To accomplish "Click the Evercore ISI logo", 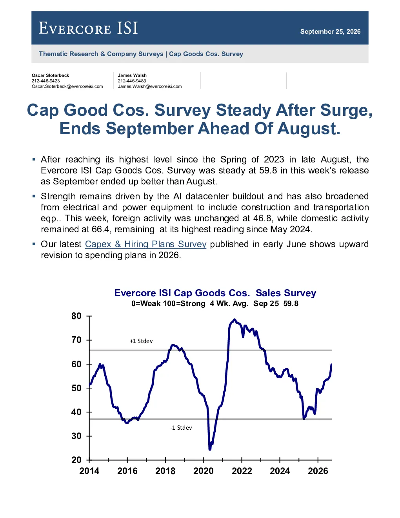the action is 88,28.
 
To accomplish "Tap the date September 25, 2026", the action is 330,31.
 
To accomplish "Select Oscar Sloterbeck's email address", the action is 67,86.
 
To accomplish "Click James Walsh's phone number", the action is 132,81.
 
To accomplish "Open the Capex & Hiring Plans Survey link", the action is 145,244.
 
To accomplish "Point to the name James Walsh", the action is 132,75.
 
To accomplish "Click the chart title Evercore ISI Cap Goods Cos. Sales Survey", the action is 215,293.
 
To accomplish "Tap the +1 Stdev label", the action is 141,341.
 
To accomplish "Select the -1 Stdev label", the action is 181,428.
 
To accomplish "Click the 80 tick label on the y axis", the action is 76,316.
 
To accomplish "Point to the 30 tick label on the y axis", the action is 76,436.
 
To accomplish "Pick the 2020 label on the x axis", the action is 204,471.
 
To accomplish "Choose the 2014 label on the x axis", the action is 89,471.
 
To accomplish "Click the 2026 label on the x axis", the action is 318,471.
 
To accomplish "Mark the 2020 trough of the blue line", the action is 210,449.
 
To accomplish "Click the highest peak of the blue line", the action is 235,319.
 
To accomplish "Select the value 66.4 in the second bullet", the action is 100,229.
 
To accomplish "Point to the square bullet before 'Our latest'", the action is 34,244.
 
